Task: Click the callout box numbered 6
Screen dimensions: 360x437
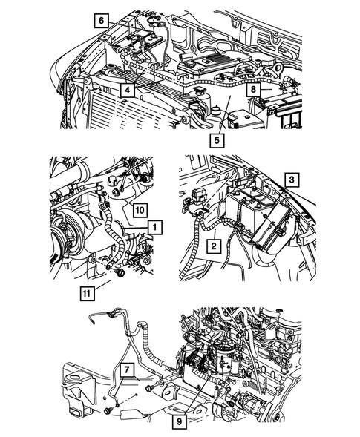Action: point(101,21)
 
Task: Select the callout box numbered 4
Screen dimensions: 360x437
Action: point(127,90)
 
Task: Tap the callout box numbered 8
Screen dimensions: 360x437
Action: point(253,90)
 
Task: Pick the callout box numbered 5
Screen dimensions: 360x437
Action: point(217,140)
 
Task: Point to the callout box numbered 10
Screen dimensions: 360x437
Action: point(140,209)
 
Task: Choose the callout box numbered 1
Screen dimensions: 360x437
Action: point(155,228)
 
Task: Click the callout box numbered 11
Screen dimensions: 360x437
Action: point(87,294)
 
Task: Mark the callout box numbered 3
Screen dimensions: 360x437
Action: point(292,180)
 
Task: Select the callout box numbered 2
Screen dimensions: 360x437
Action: point(214,246)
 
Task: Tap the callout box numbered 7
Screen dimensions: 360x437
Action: point(127,369)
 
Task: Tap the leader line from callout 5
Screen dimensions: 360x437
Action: point(225,114)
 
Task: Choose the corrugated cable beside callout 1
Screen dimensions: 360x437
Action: point(112,235)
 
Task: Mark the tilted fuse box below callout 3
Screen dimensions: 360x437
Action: point(275,226)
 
